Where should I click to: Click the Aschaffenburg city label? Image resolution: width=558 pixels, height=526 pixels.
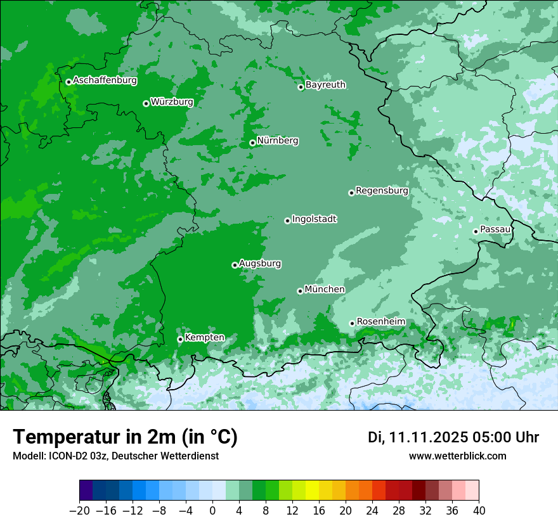pos(105,80)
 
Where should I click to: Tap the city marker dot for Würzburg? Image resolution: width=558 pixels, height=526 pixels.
pos(146,103)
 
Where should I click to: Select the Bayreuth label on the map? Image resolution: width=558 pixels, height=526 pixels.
pos(325,84)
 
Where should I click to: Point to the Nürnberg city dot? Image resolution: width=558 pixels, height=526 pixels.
pos(252,143)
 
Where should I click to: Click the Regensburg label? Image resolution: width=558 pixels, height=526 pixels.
pos(382,190)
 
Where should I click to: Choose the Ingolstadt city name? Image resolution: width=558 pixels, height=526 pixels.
pos(314,219)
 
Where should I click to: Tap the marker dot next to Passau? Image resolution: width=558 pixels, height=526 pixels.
pos(476,231)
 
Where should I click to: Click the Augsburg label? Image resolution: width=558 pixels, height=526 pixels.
pos(260,263)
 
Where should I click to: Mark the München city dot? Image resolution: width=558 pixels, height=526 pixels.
pos(300,291)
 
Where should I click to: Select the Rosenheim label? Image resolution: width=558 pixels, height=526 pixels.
pos(380,321)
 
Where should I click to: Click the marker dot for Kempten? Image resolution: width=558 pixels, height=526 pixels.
pos(180,339)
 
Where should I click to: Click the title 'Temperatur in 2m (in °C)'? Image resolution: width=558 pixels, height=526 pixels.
pos(125,437)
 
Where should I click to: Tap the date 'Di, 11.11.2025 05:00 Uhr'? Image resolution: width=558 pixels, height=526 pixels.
pos(453,437)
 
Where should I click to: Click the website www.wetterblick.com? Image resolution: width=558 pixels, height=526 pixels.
pos(457,456)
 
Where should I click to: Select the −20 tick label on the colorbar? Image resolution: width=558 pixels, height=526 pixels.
pos(79,510)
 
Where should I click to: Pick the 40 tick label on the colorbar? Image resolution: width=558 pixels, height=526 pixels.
pos(479,510)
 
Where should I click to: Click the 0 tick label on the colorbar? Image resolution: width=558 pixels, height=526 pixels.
pos(212,510)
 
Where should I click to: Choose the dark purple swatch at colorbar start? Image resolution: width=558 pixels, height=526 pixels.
pos(86,491)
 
